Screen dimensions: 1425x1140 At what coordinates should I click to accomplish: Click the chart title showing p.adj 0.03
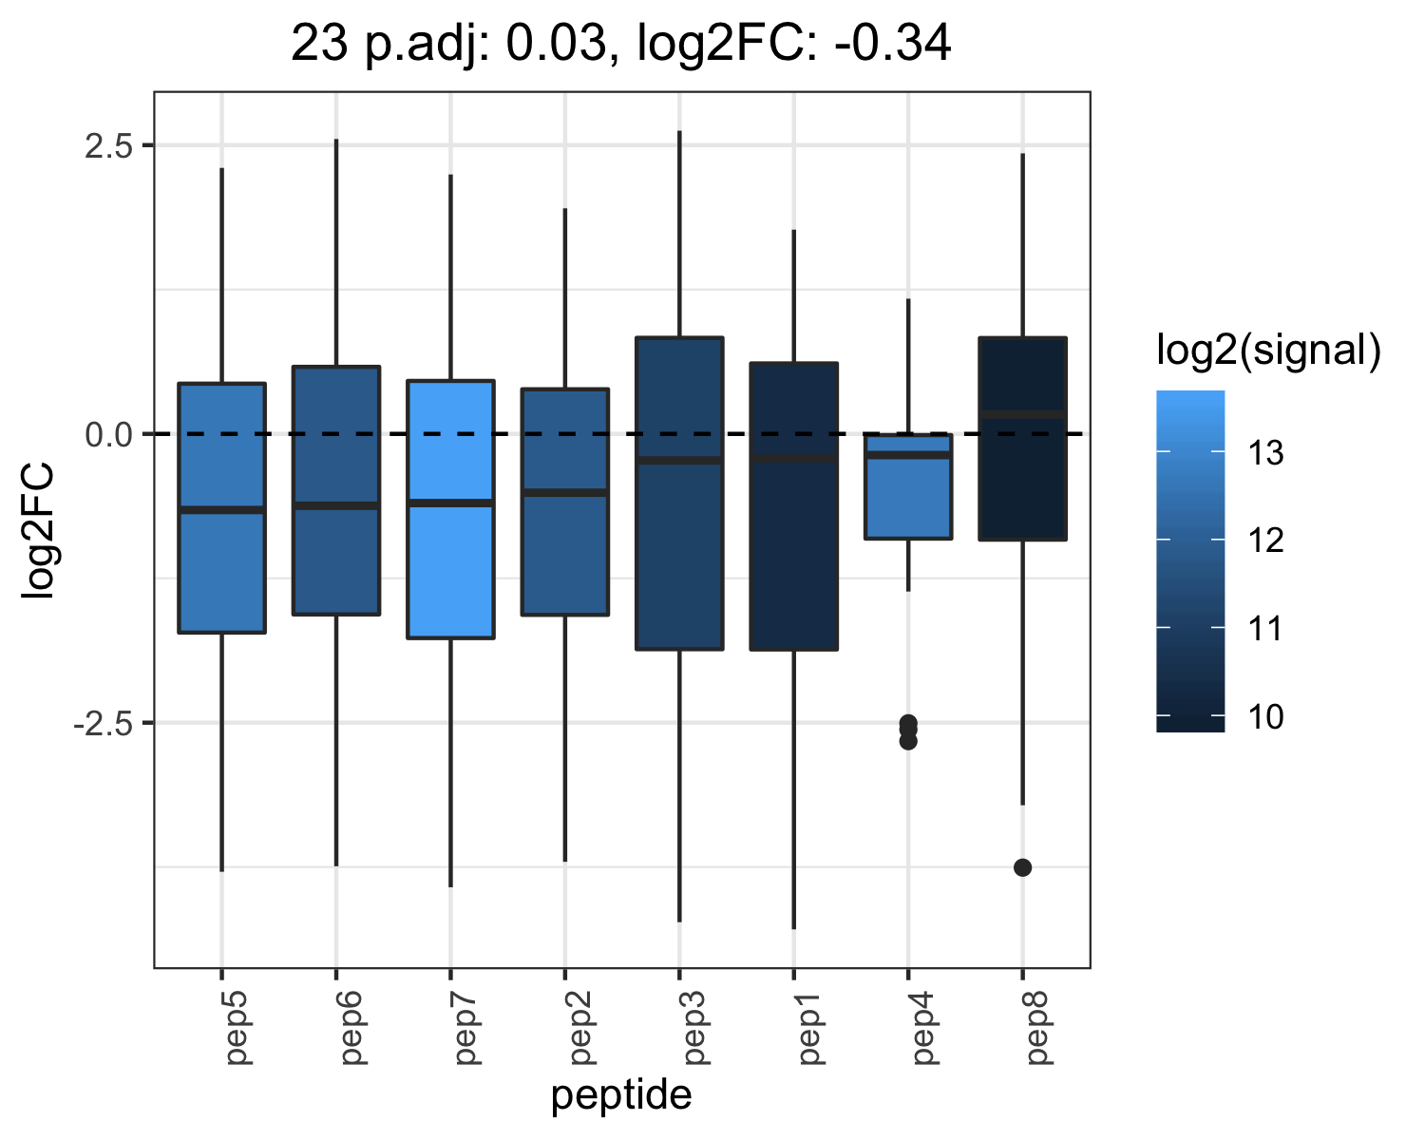[620, 44]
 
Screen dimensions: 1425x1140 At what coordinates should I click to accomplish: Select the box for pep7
[451, 509]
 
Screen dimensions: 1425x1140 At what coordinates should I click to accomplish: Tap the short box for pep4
[908, 486]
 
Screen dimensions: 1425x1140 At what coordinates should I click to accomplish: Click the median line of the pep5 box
[222, 509]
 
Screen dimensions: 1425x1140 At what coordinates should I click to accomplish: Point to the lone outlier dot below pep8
[1022, 867]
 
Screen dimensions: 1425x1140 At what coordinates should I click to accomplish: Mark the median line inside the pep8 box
[1022, 414]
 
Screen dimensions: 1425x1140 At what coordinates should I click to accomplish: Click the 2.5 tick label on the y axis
[109, 145]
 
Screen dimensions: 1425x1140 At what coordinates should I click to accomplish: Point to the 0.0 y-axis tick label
[109, 434]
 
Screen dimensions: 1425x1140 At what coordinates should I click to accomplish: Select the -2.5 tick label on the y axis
[104, 723]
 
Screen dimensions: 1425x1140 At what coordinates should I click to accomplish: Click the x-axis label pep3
[694, 1028]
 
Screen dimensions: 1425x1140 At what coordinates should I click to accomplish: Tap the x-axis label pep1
[809, 1028]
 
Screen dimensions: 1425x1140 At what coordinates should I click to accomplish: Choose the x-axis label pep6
[351, 1028]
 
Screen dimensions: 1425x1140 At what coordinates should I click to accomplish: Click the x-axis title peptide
[621, 1094]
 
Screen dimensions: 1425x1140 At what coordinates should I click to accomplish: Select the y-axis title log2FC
[37, 530]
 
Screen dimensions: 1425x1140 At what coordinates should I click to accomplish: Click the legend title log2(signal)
[1269, 349]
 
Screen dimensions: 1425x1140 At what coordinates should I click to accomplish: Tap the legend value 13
[1265, 453]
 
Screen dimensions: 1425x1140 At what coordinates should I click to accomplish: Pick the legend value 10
[1265, 716]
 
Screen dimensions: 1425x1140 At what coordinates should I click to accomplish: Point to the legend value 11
[1265, 629]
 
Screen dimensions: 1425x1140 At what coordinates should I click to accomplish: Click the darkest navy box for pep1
[793, 506]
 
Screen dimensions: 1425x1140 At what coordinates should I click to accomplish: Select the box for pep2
[565, 502]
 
